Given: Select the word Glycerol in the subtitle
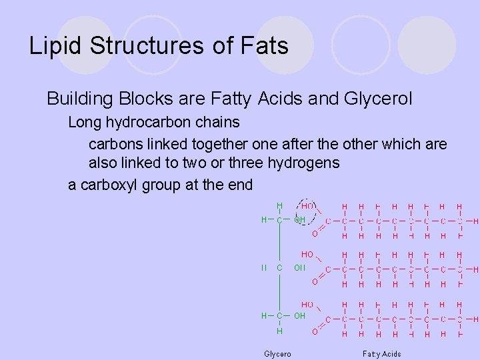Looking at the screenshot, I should tap(379, 99).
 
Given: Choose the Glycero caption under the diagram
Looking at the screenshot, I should tap(278, 354).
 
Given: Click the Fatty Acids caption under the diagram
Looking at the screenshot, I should tap(381, 354).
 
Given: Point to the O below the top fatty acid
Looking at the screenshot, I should tap(315, 233).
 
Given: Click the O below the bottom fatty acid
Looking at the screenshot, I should tap(315, 332).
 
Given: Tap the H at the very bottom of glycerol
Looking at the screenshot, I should tap(280, 331).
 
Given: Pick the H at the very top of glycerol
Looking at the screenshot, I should tap(280, 205).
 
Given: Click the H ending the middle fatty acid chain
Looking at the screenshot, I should tap(475, 269).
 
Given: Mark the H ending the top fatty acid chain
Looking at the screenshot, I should tap(475, 221).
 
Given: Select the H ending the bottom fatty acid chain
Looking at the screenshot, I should tap(475, 319).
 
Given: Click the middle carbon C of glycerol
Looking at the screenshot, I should tap(280, 268).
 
